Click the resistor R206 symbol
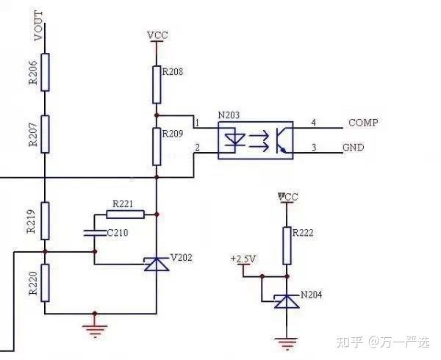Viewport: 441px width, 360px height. coord(46,71)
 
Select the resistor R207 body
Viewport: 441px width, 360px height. coord(46,134)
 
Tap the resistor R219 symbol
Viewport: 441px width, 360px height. coord(46,220)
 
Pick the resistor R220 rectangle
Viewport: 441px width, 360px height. coord(46,283)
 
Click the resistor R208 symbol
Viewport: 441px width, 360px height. coord(157,84)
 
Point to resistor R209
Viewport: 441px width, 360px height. coord(157,146)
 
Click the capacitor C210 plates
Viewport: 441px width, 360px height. coord(94,234)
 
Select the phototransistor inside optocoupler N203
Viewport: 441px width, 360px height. coord(279,139)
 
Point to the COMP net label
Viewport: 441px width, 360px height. coord(362,122)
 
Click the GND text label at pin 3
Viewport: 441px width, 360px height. coord(354,148)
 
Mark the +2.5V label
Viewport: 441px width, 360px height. coord(243,259)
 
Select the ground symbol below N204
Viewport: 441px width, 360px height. coord(284,342)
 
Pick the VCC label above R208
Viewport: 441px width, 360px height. coord(157,35)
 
